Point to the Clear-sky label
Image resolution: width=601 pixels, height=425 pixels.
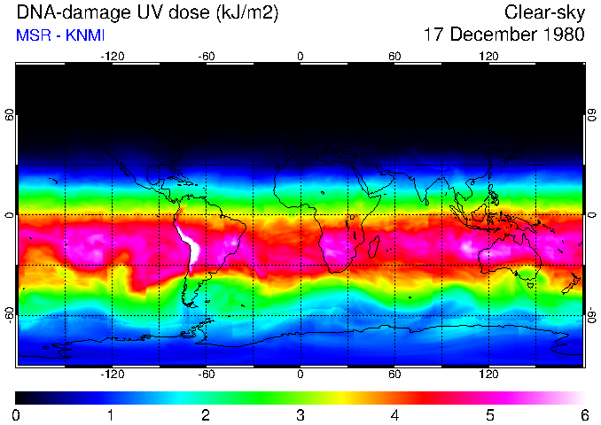coord(544,13)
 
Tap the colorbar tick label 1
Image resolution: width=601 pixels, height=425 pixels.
coord(110,414)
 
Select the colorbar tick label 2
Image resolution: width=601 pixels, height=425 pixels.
coord(205,414)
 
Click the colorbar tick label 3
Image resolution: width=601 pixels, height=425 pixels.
coord(300,414)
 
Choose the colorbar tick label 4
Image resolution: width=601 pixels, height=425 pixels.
coord(394,414)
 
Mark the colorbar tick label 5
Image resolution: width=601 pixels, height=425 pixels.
coord(489,414)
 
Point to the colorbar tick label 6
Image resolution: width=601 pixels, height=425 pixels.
coord(583,414)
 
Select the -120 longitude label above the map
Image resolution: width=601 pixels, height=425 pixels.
coord(112,57)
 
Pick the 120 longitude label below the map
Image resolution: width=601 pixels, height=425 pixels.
coord(488,375)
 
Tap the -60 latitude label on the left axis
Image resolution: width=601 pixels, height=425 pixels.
coord(10,314)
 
